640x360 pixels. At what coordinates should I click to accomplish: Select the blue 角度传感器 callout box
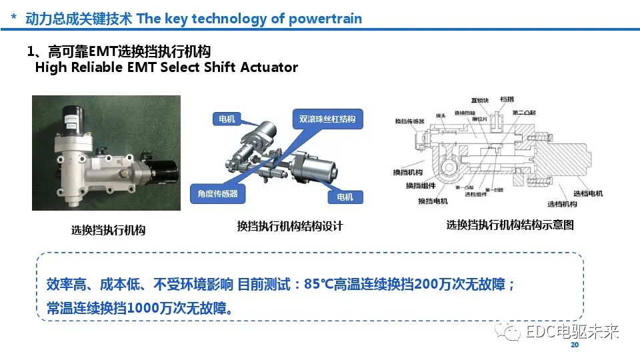218,194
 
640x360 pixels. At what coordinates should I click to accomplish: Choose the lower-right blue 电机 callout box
346,197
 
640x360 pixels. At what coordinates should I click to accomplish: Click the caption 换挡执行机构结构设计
290,227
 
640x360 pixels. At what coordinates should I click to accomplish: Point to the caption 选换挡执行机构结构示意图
510,225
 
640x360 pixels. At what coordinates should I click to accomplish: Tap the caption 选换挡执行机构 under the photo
108,231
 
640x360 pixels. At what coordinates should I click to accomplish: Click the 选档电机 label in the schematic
589,193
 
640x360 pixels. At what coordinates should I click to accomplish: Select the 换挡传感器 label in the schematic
409,121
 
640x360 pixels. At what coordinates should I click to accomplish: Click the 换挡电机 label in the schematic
433,201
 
